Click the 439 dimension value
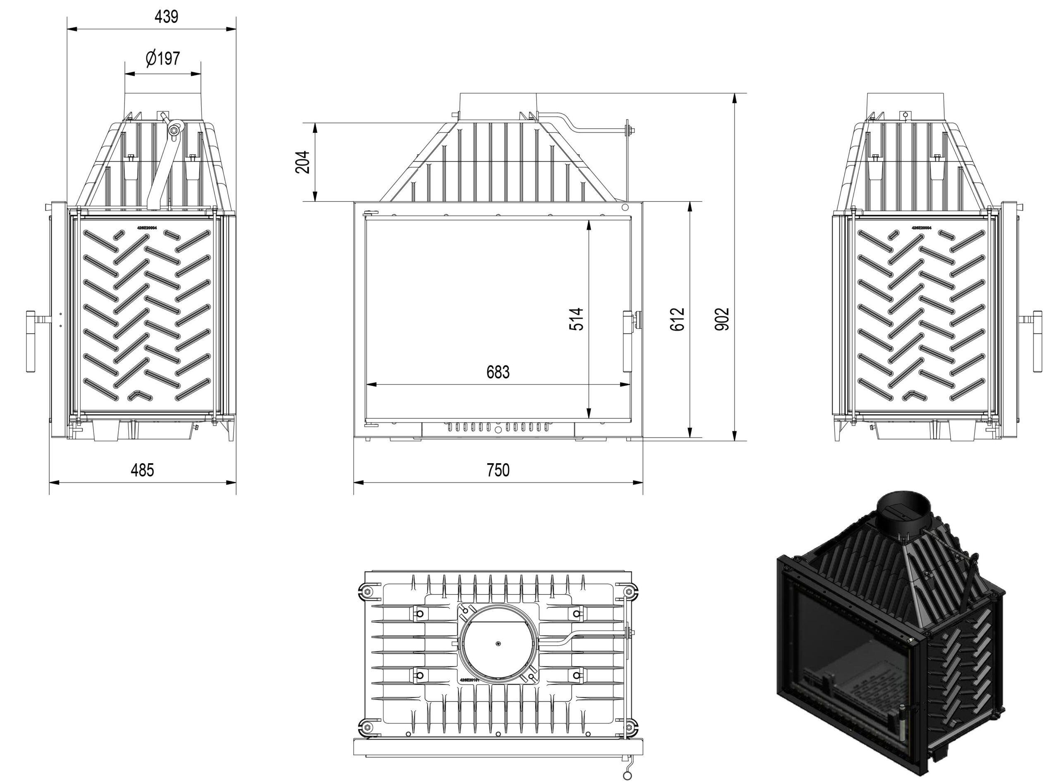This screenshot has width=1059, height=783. point(166,17)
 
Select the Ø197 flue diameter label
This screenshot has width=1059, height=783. point(163,59)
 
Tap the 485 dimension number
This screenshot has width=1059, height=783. point(142,470)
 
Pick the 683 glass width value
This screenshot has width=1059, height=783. point(498,372)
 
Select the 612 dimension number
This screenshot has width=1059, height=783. point(678,319)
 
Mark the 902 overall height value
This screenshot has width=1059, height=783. point(722,319)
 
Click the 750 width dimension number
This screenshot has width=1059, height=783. point(498,470)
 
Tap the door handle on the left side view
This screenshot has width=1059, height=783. point(31,341)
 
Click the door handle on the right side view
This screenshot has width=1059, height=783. point(1037,341)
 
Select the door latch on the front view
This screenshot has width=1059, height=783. point(628,341)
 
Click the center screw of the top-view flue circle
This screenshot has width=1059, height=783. point(498,643)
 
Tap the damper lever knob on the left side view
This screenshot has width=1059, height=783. point(175,129)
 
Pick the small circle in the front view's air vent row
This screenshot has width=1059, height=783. point(498,430)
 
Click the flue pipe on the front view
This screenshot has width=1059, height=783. point(498,107)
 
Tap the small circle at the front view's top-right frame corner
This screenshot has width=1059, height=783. point(625,207)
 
